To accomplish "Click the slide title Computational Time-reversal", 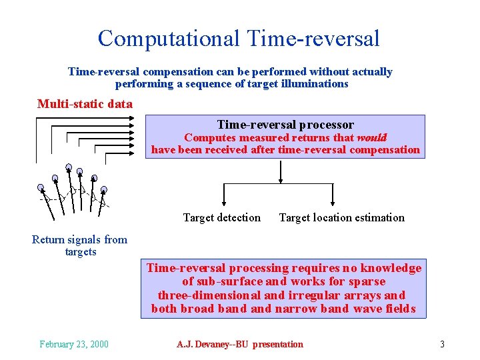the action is (x=239, y=38).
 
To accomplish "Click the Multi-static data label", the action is (x=85, y=104).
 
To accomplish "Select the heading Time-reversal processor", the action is (x=285, y=125).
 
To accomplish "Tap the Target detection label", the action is (x=222, y=217).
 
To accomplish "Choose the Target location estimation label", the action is (x=341, y=217).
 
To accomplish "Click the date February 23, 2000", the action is (x=74, y=344).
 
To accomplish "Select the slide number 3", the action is (x=442, y=344).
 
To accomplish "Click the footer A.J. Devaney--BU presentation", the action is (x=240, y=344).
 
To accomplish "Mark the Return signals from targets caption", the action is (x=79, y=245).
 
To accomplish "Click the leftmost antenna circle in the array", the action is (x=41, y=187).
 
